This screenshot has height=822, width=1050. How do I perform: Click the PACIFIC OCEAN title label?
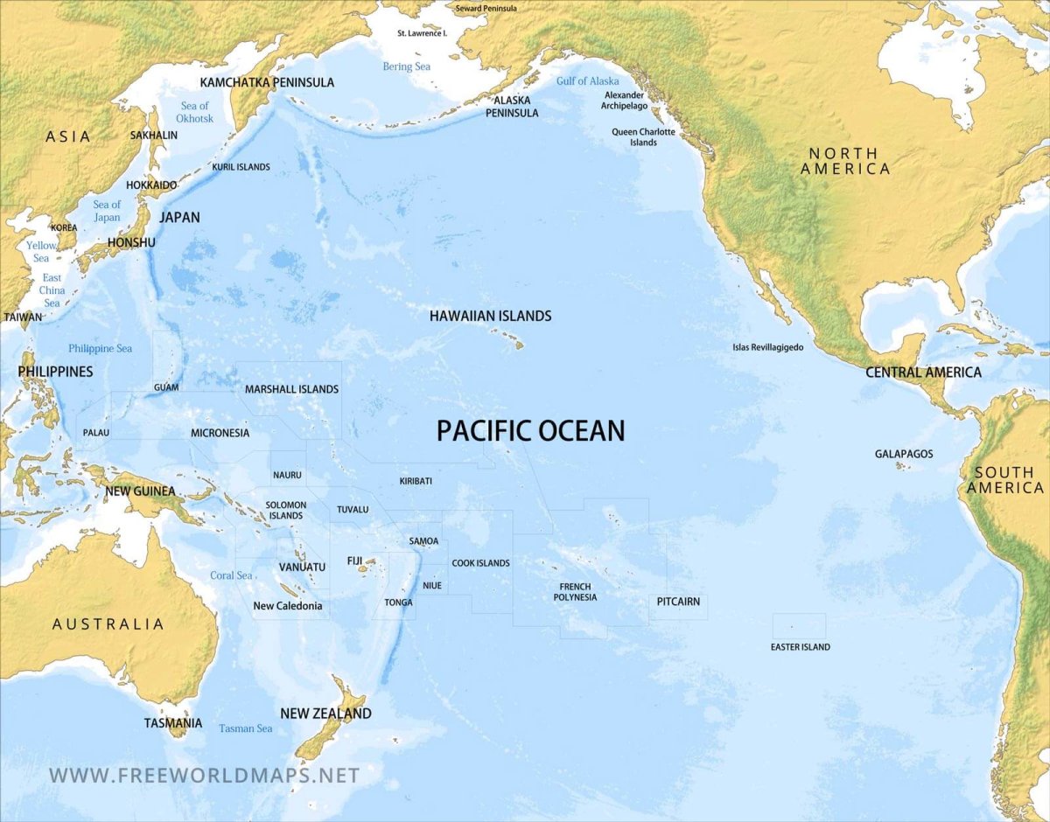(530, 430)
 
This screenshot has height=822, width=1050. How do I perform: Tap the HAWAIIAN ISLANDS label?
(490, 316)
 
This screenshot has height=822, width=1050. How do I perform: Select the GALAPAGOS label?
(904, 454)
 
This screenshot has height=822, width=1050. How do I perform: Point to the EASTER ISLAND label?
(800, 647)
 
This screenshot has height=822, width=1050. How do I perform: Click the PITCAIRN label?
(678, 602)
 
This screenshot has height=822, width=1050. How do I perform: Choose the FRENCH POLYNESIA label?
(575, 592)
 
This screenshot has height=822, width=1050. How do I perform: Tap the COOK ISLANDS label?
(480, 563)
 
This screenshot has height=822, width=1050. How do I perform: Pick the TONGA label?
(398, 603)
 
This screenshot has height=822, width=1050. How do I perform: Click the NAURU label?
(287, 475)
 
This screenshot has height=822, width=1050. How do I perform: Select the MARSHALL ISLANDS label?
(291, 389)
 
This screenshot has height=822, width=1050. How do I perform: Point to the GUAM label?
(166, 387)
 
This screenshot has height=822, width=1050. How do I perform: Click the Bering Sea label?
(407, 66)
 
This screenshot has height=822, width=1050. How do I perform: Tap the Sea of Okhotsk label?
(194, 112)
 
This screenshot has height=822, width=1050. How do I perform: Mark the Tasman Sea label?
(245, 728)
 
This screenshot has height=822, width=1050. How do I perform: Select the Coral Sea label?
(231, 575)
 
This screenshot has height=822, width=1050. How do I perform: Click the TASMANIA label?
(173, 723)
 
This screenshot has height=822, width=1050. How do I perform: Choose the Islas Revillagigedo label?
(767, 347)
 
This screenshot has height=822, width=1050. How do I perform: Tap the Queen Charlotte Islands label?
(643, 137)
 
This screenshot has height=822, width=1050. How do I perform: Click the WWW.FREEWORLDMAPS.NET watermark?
(204, 775)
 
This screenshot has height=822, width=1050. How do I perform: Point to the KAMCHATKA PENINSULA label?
(267, 82)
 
